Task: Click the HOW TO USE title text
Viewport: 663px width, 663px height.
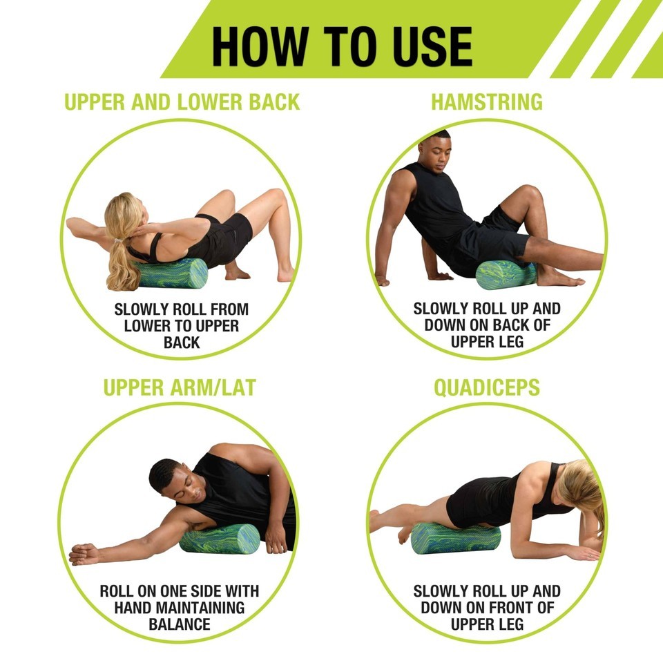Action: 342,46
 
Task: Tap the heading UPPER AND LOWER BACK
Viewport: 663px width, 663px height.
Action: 182,102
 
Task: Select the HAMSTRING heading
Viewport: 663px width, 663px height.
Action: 487,102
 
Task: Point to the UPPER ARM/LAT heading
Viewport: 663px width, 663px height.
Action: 180,387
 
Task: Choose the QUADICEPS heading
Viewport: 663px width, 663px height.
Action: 487,387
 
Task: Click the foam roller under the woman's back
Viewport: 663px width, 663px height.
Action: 171,273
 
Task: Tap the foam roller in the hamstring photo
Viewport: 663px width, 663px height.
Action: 506,275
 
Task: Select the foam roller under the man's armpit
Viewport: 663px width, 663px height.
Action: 220,539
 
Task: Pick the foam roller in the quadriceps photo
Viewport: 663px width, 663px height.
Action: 455,538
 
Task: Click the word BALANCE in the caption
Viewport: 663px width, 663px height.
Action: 180,624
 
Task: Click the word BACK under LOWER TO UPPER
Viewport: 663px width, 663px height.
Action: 182,343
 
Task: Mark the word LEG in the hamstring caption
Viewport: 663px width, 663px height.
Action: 510,342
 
